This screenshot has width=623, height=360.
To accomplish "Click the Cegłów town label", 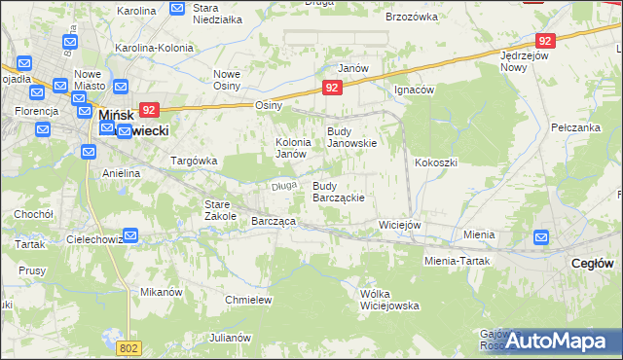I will (x=592, y=263).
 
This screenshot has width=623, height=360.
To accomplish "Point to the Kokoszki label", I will (x=435, y=162).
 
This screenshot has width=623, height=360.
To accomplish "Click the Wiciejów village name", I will (x=399, y=225).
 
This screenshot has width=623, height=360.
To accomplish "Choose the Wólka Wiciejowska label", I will (x=389, y=299).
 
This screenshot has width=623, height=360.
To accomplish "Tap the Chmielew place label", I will (x=247, y=300).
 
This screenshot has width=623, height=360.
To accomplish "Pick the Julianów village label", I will (x=231, y=338).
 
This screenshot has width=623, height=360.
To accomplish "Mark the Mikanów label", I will (x=162, y=291).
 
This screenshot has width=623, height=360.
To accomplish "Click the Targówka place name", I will (x=194, y=161).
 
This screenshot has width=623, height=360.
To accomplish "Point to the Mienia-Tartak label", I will (x=457, y=261).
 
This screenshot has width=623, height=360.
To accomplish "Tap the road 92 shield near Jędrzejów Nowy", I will (x=545, y=41).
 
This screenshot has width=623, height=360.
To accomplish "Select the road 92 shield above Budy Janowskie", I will (x=333, y=88).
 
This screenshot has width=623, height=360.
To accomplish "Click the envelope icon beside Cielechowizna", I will (x=130, y=235).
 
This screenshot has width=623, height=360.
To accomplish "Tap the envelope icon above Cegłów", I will (x=542, y=236).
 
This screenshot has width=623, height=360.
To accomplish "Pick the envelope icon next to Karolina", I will (x=176, y=9).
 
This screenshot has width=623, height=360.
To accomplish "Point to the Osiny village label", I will (x=268, y=105).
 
